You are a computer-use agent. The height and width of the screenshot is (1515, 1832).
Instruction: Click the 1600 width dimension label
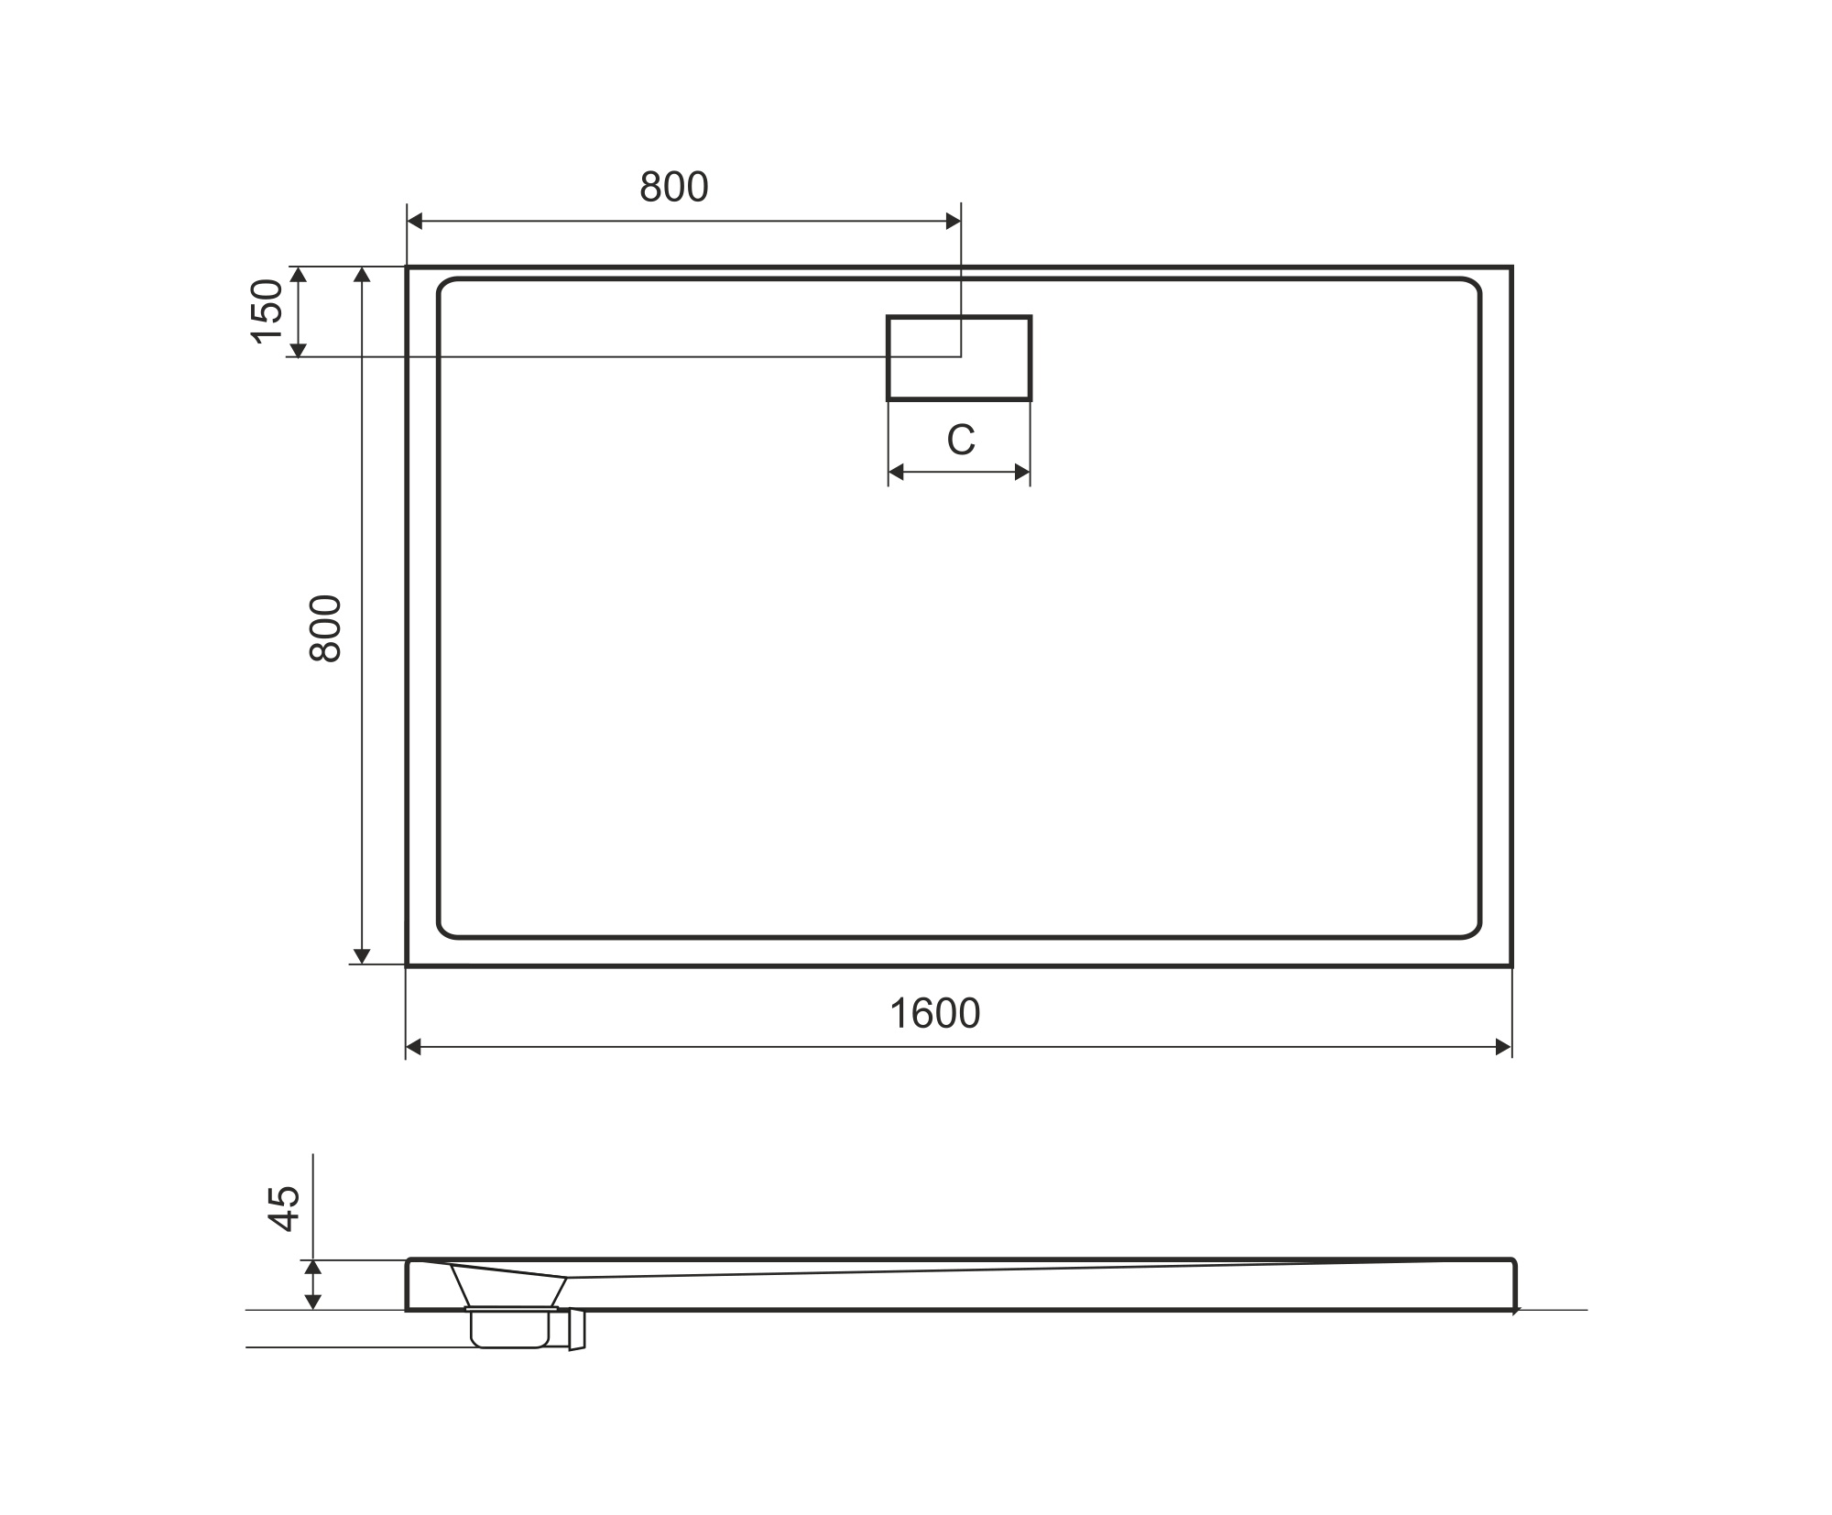[935, 1013]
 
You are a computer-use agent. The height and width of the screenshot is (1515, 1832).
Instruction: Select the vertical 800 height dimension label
[326, 628]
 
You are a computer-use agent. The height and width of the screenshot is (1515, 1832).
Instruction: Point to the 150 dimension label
[267, 311]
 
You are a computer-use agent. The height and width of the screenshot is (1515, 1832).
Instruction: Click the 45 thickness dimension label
[284, 1208]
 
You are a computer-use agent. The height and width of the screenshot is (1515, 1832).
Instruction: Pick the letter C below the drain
[961, 441]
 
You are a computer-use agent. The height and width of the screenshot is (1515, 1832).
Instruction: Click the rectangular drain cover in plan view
[959, 358]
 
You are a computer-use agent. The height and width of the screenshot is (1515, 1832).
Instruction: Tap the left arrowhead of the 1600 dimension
[414, 1047]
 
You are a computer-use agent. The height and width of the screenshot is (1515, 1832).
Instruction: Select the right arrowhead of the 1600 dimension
[1503, 1047]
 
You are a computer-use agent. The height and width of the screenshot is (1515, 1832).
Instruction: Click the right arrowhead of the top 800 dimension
[953, 221]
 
